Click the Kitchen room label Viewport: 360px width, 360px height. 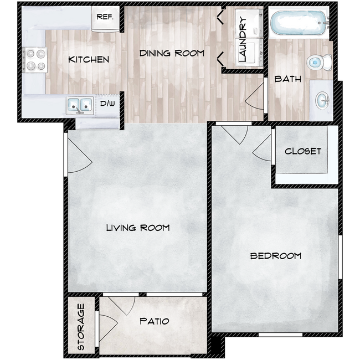89,59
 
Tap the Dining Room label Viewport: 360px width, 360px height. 172,54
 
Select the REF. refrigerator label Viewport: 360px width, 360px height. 105,17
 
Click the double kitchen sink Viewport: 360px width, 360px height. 80,104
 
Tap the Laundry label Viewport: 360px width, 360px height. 242,39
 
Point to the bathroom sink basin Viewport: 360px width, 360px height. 322,100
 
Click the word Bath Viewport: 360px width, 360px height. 288,79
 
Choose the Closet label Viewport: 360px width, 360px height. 303,151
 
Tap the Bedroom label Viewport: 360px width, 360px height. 276,256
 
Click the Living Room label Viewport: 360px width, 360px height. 138,228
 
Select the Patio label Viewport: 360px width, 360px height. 154,321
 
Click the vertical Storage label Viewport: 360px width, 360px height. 81,327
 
